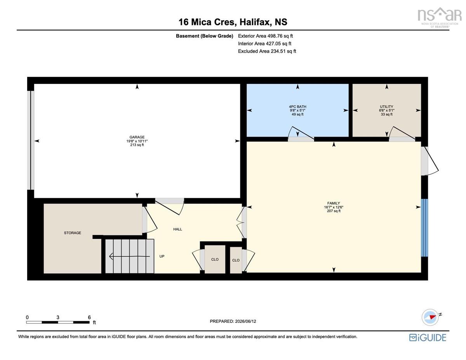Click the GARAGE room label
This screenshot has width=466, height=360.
coord(137,137)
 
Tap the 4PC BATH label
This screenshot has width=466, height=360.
coord(297,106)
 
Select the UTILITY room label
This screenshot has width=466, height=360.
coord(386,106)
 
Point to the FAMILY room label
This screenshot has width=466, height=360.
coord(334,203)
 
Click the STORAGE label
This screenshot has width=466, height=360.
coord(73,233)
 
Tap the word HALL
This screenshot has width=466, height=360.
coord(177,229)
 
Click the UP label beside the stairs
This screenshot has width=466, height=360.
coord(162,256)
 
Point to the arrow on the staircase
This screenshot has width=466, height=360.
coord(130,256)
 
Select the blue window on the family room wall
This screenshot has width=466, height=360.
coord(424,228)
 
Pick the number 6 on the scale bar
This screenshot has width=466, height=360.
coord(89,317)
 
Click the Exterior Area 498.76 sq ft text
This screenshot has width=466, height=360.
coord(265,36)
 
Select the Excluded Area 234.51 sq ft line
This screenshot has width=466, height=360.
coord(267,51)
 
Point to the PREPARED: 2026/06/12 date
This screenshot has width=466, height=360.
coord(233,321)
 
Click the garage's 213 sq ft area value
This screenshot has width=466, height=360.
coord(137,145)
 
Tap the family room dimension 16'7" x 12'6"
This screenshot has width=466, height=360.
coord(334,207)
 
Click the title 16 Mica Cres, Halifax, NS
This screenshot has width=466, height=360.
coord(233,22)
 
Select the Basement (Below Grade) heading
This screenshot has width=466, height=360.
coord(204,36)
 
